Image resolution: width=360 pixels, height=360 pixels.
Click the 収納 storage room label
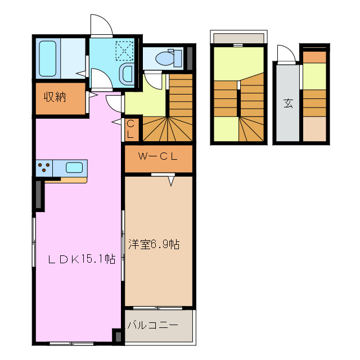55,96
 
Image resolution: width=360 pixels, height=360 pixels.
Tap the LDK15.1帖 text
81,259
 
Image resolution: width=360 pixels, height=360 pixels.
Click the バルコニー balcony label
153,325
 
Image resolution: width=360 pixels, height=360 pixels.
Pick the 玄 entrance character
288,103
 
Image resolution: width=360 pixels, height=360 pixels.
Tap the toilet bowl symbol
168,57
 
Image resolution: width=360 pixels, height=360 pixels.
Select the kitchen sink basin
74,167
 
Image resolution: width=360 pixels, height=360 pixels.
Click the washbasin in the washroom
128,74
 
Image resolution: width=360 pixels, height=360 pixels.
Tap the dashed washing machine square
123,51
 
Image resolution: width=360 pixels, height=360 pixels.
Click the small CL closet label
130,129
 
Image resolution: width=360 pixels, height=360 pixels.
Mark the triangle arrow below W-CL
170,182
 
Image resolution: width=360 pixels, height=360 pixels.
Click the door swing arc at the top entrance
101,25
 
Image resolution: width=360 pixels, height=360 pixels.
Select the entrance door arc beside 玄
286,54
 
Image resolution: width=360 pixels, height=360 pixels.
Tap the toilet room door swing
152,80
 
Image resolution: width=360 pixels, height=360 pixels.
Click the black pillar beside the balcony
118,336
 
